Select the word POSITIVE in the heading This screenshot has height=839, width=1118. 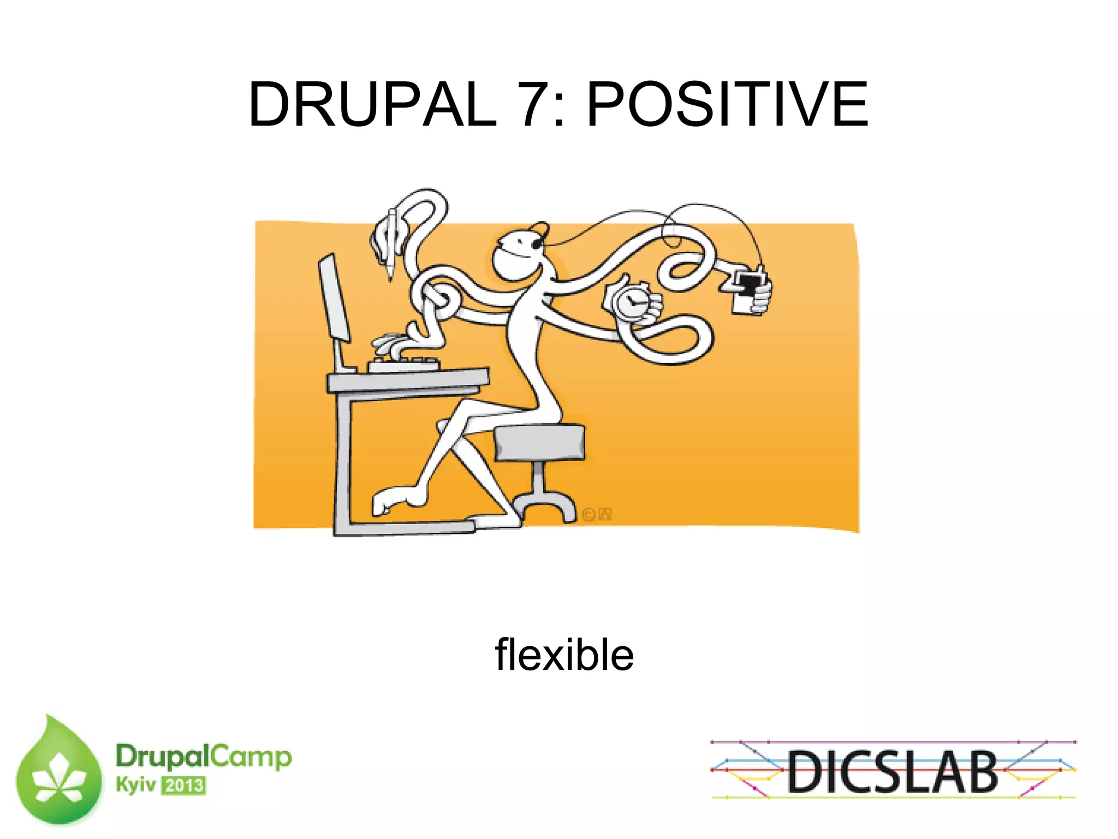click(727, 104)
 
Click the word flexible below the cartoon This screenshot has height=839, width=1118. click(564, 654)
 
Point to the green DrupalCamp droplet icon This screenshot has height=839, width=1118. click(59, 772)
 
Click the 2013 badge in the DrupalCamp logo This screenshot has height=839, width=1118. click(184, 786)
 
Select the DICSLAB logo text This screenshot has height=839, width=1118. click(893, 771)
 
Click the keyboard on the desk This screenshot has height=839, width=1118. click(404, 364)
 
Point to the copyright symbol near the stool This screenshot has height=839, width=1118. click(588, 514)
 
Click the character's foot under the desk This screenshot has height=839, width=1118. click(396, 499)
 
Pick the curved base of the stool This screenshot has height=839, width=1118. click(544, 503)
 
